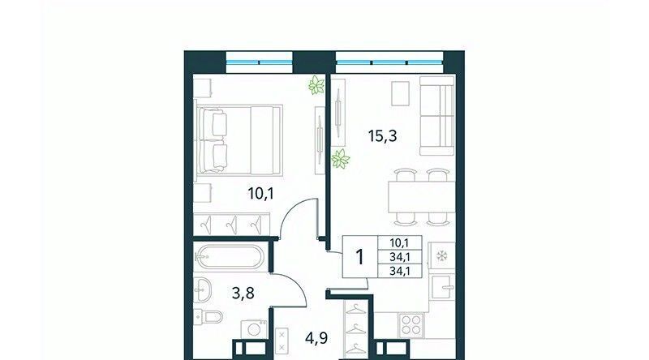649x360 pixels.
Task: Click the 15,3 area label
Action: (382, 135)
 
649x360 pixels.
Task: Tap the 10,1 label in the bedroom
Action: (260, 193)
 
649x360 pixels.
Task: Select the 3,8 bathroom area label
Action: (243, 294)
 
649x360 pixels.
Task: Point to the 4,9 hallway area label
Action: (316, 338)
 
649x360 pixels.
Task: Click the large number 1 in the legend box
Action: (360, 257)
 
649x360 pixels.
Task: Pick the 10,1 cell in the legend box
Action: (400, 243)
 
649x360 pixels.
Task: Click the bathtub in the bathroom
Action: (229, 257)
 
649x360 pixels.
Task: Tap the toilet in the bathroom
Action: (208, 317)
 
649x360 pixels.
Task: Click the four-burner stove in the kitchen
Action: (411, 325)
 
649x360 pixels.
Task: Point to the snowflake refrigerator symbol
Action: (442, 256)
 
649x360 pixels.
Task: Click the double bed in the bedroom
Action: (239, 140)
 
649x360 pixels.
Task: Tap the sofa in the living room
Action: (437, 115)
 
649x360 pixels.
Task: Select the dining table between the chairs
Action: (421, 196)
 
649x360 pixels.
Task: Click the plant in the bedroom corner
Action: (316, 85)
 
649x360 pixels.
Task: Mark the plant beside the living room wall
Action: (340, 159)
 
